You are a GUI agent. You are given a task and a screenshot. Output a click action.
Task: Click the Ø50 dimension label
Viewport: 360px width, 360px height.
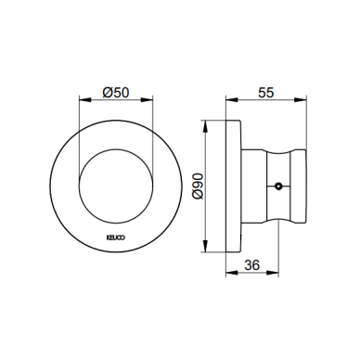[116, 92]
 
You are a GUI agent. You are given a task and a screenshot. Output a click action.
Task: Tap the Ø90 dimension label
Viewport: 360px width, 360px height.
[198, 186]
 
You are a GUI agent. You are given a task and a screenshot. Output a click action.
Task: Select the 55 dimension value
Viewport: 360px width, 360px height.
[265, 92]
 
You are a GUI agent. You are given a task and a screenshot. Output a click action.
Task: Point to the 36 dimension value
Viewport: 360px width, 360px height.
[252, 265]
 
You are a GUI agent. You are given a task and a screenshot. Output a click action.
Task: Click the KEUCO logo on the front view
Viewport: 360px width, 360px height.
[116, 238]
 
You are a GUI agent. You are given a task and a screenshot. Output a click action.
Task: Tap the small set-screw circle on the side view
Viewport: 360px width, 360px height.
[278, 186]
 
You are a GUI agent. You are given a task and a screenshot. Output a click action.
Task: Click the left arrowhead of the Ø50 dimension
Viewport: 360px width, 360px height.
[85, 99]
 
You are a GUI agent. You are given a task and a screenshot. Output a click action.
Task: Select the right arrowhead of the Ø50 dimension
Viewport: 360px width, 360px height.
[147, 99]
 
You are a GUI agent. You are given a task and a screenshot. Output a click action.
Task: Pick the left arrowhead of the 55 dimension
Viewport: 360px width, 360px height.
[232, 99]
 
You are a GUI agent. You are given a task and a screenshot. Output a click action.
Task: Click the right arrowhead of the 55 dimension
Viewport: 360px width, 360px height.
[301, 99]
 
